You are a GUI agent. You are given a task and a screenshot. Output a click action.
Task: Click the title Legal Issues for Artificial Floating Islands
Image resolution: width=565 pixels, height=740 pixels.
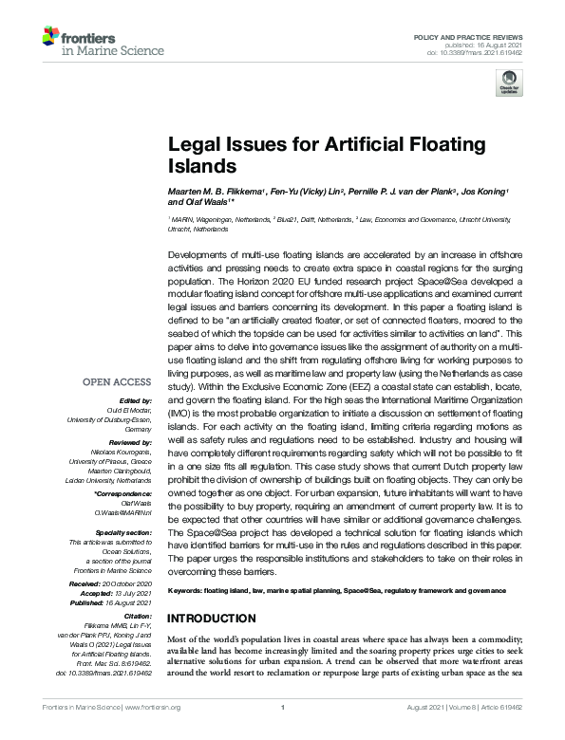point(326,155)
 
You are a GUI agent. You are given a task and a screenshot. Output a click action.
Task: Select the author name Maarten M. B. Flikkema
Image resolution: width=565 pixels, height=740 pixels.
point(216,192)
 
